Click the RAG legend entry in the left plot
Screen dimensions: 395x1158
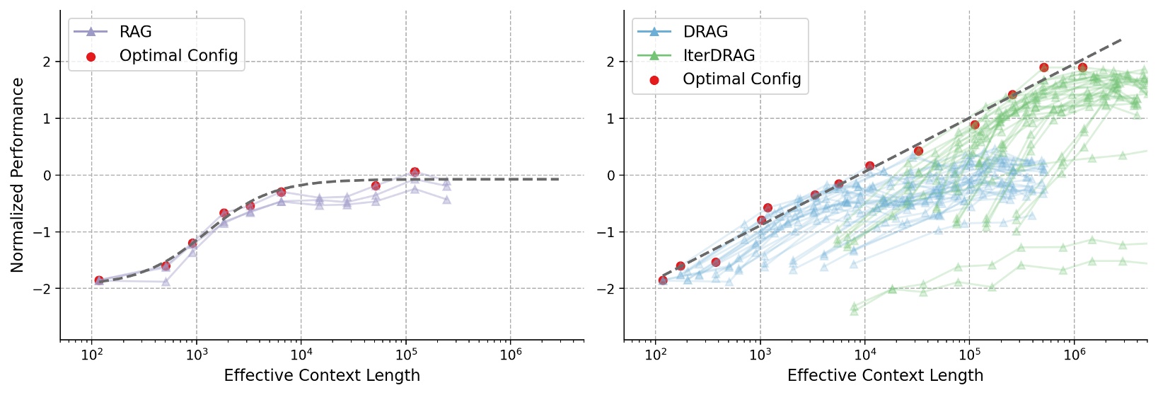point(135,32)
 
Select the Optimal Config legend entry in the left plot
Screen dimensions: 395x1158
point(178,56)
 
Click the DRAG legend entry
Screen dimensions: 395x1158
point(705,32)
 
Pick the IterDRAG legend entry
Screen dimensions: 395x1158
point(719,55)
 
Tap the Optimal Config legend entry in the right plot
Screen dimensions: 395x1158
point(741,79)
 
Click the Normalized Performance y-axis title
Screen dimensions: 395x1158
point(18,175)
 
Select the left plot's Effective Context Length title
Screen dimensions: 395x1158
point(322,375)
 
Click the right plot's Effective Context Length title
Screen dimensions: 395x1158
point(885,375)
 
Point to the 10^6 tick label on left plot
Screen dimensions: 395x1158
point(510,355)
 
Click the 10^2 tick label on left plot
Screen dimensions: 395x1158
point(91,355)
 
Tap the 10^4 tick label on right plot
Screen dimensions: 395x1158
point(864,355)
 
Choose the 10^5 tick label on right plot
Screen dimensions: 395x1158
point(969,355)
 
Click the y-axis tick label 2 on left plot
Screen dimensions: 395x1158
point(47,62)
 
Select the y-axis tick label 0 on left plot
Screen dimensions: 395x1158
point(47,175)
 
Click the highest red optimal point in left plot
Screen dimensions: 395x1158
point(415,172)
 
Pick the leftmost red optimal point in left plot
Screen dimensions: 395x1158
point(99,280)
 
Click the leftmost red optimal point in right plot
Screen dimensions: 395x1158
point(663,280)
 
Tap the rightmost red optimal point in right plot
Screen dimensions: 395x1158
point(1082,67)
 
